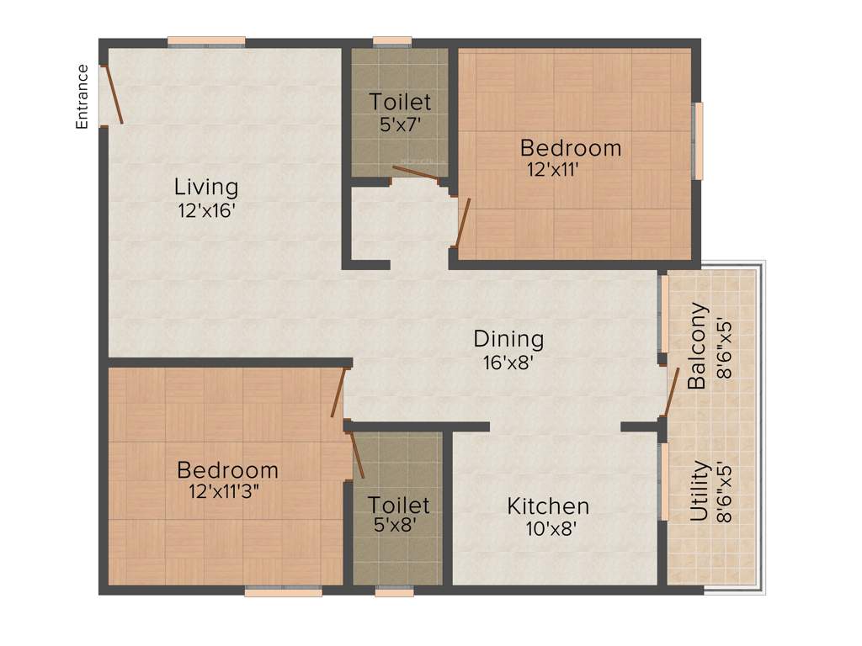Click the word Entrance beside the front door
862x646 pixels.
pyautogui.click(x=82, y=97)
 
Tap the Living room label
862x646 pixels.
pyautogui.click(x=206, y=187)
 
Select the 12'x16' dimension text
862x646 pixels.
pyautogui.click(x=205, y=210)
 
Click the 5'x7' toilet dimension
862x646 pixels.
pyautogui.click(x=400, y=124)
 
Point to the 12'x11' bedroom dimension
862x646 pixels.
pyautogui.click(x=552, y=169)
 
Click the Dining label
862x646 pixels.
pyautogui.click(x=508, y=339)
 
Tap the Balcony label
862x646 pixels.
pyautogui.click(x=696, y=346)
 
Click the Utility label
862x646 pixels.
pyautogui.click(x=699, y=490)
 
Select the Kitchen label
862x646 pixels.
pyautogui.click(x=548, y=506)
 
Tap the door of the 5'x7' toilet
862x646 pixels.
pyautogui.click(x=414, y=172)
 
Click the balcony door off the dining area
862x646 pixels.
pyautogui.click(x=672, y=392)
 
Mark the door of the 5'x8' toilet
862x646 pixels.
pyautogui.click(x=356, y=454)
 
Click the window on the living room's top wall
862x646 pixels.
pyautogui.click(x=206, y=41)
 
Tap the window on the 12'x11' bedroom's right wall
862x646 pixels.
pyautogui.click(x=697, y=140)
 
